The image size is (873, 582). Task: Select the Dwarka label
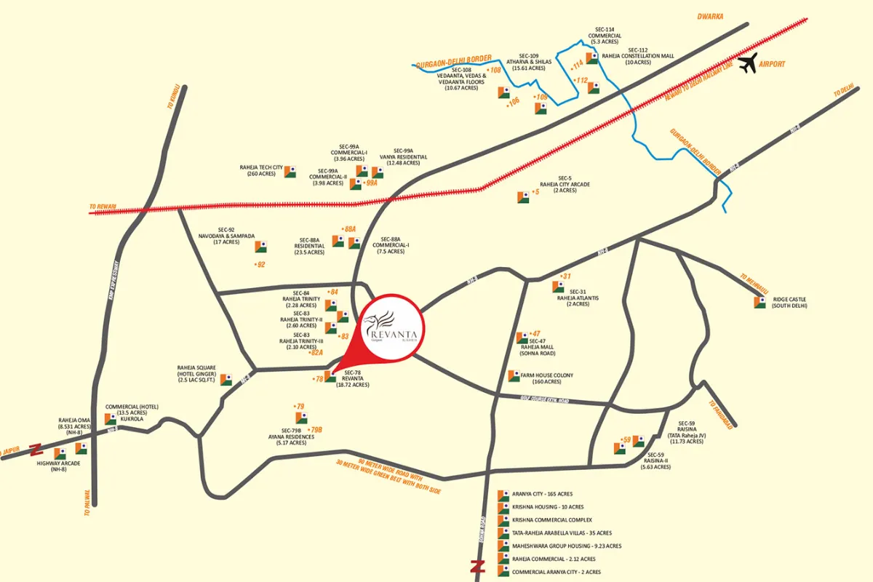[710, 16]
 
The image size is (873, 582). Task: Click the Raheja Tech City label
[261, 170]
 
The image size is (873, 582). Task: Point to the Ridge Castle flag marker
[760, 302]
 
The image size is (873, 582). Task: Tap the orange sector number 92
[260, 264]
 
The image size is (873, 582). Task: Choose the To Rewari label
[103, 207]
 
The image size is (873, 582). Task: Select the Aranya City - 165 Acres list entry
[542, 494]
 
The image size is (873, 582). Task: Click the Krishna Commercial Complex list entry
[551, 520]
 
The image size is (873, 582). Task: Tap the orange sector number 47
[535, 333]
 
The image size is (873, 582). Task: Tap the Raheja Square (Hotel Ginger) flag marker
[226, 380]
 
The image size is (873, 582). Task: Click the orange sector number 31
[566, 276]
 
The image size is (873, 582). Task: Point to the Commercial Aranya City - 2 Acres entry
[556, 572]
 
